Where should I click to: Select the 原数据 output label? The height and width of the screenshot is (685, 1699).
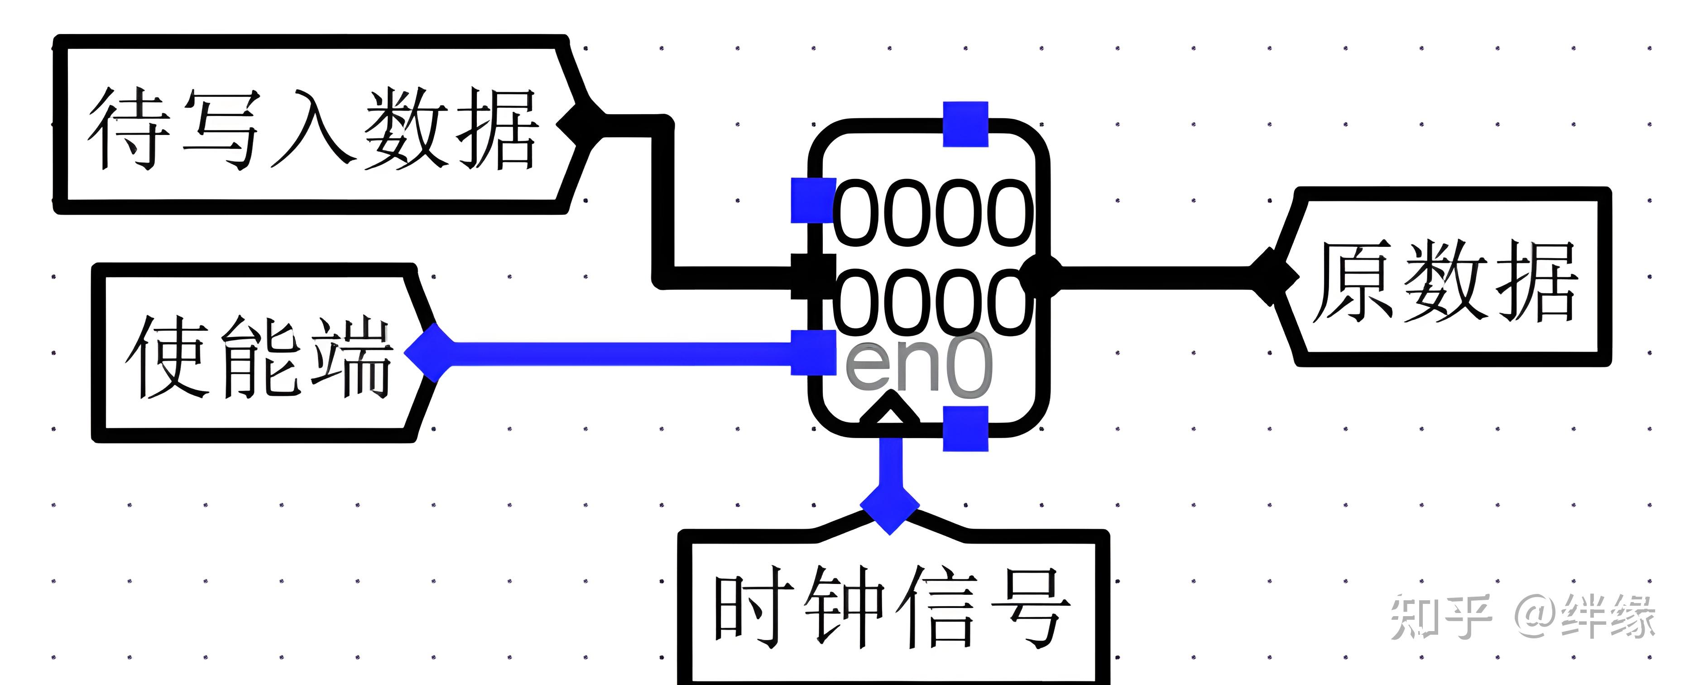coord(1445,280)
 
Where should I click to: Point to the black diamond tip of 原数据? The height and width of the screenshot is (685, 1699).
coord(1272,277)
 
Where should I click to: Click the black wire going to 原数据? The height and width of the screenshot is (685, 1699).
coord(1154,277)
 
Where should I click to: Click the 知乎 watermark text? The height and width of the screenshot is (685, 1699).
coord(1440,617)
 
